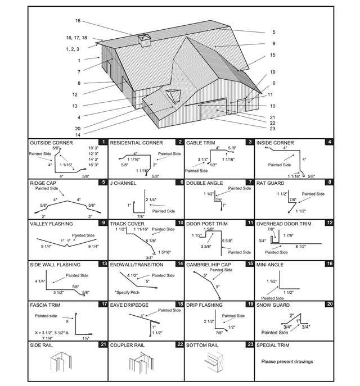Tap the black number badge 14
181,264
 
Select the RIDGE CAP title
44,183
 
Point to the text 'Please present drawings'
287,361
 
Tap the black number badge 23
250,345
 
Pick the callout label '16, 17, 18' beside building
76,38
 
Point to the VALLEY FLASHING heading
53,224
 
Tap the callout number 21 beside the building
272,117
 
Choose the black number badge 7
250,183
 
